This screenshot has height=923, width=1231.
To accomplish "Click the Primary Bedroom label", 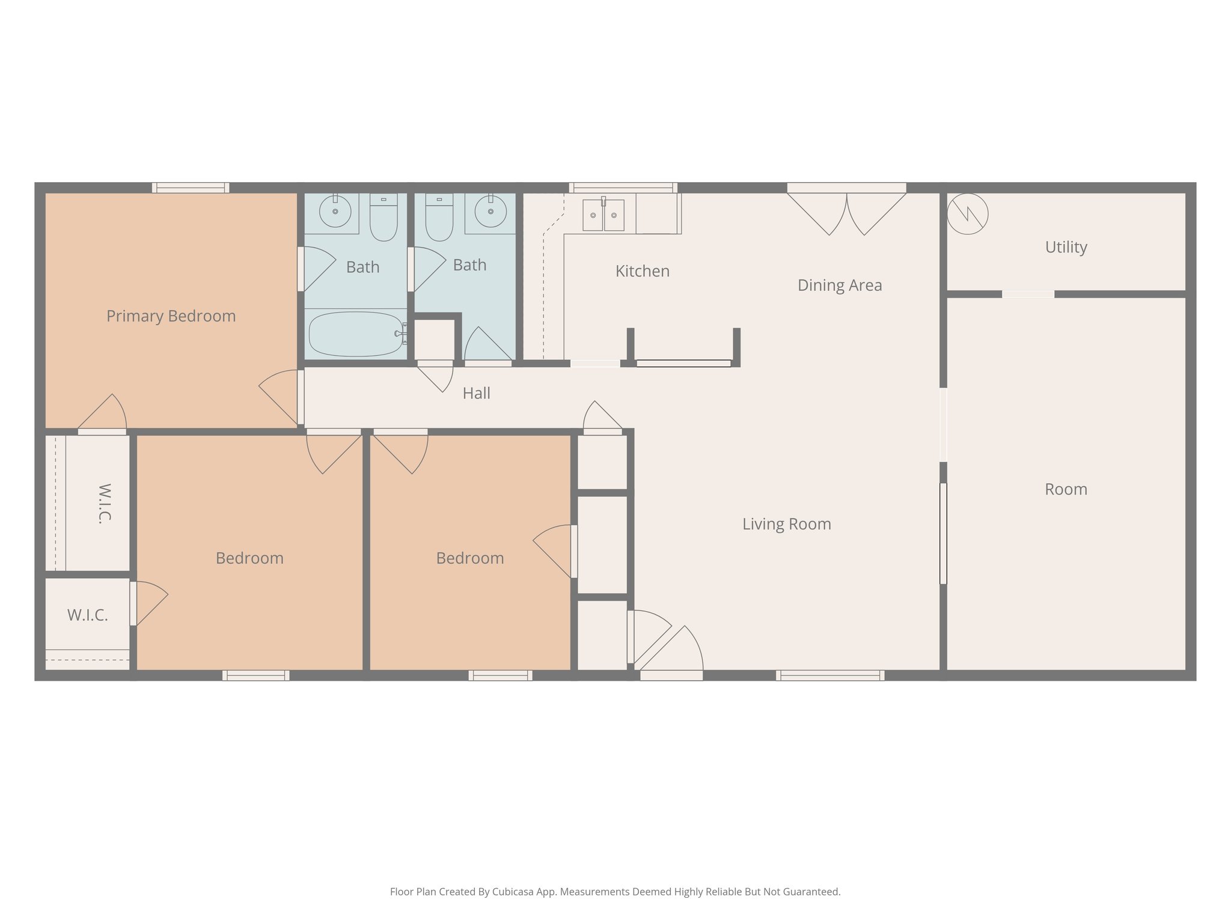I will point(171,316).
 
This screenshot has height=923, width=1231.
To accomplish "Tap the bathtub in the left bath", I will point(355,334).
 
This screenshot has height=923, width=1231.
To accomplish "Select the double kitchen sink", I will point(603,215).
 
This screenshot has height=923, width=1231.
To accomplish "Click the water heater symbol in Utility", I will point(967,213).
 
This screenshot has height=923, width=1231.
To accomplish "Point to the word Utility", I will point(1066,247).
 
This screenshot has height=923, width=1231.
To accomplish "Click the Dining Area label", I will point(839,285).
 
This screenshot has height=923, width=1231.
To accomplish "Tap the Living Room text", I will point(786,524).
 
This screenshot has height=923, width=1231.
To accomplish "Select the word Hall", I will point(476,394).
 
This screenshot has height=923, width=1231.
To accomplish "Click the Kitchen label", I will point(642,271).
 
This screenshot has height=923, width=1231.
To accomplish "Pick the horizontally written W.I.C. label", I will point(88,615).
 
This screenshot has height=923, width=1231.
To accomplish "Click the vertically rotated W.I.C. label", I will point(104,504).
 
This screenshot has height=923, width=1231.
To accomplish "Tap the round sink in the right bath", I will point(490,212).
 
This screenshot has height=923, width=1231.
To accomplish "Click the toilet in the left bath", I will point(383,218).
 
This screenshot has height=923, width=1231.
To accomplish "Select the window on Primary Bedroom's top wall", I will point(191,188).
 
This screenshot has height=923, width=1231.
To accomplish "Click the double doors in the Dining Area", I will point(846,210).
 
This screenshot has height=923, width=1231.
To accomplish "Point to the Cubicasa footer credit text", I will point(615,892).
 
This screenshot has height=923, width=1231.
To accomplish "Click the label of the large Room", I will point(1066,490).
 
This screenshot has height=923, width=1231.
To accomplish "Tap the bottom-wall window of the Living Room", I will point(829,675).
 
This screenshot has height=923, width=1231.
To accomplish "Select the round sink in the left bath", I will point(335,212).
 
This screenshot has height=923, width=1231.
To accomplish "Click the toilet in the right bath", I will point(439,218).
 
